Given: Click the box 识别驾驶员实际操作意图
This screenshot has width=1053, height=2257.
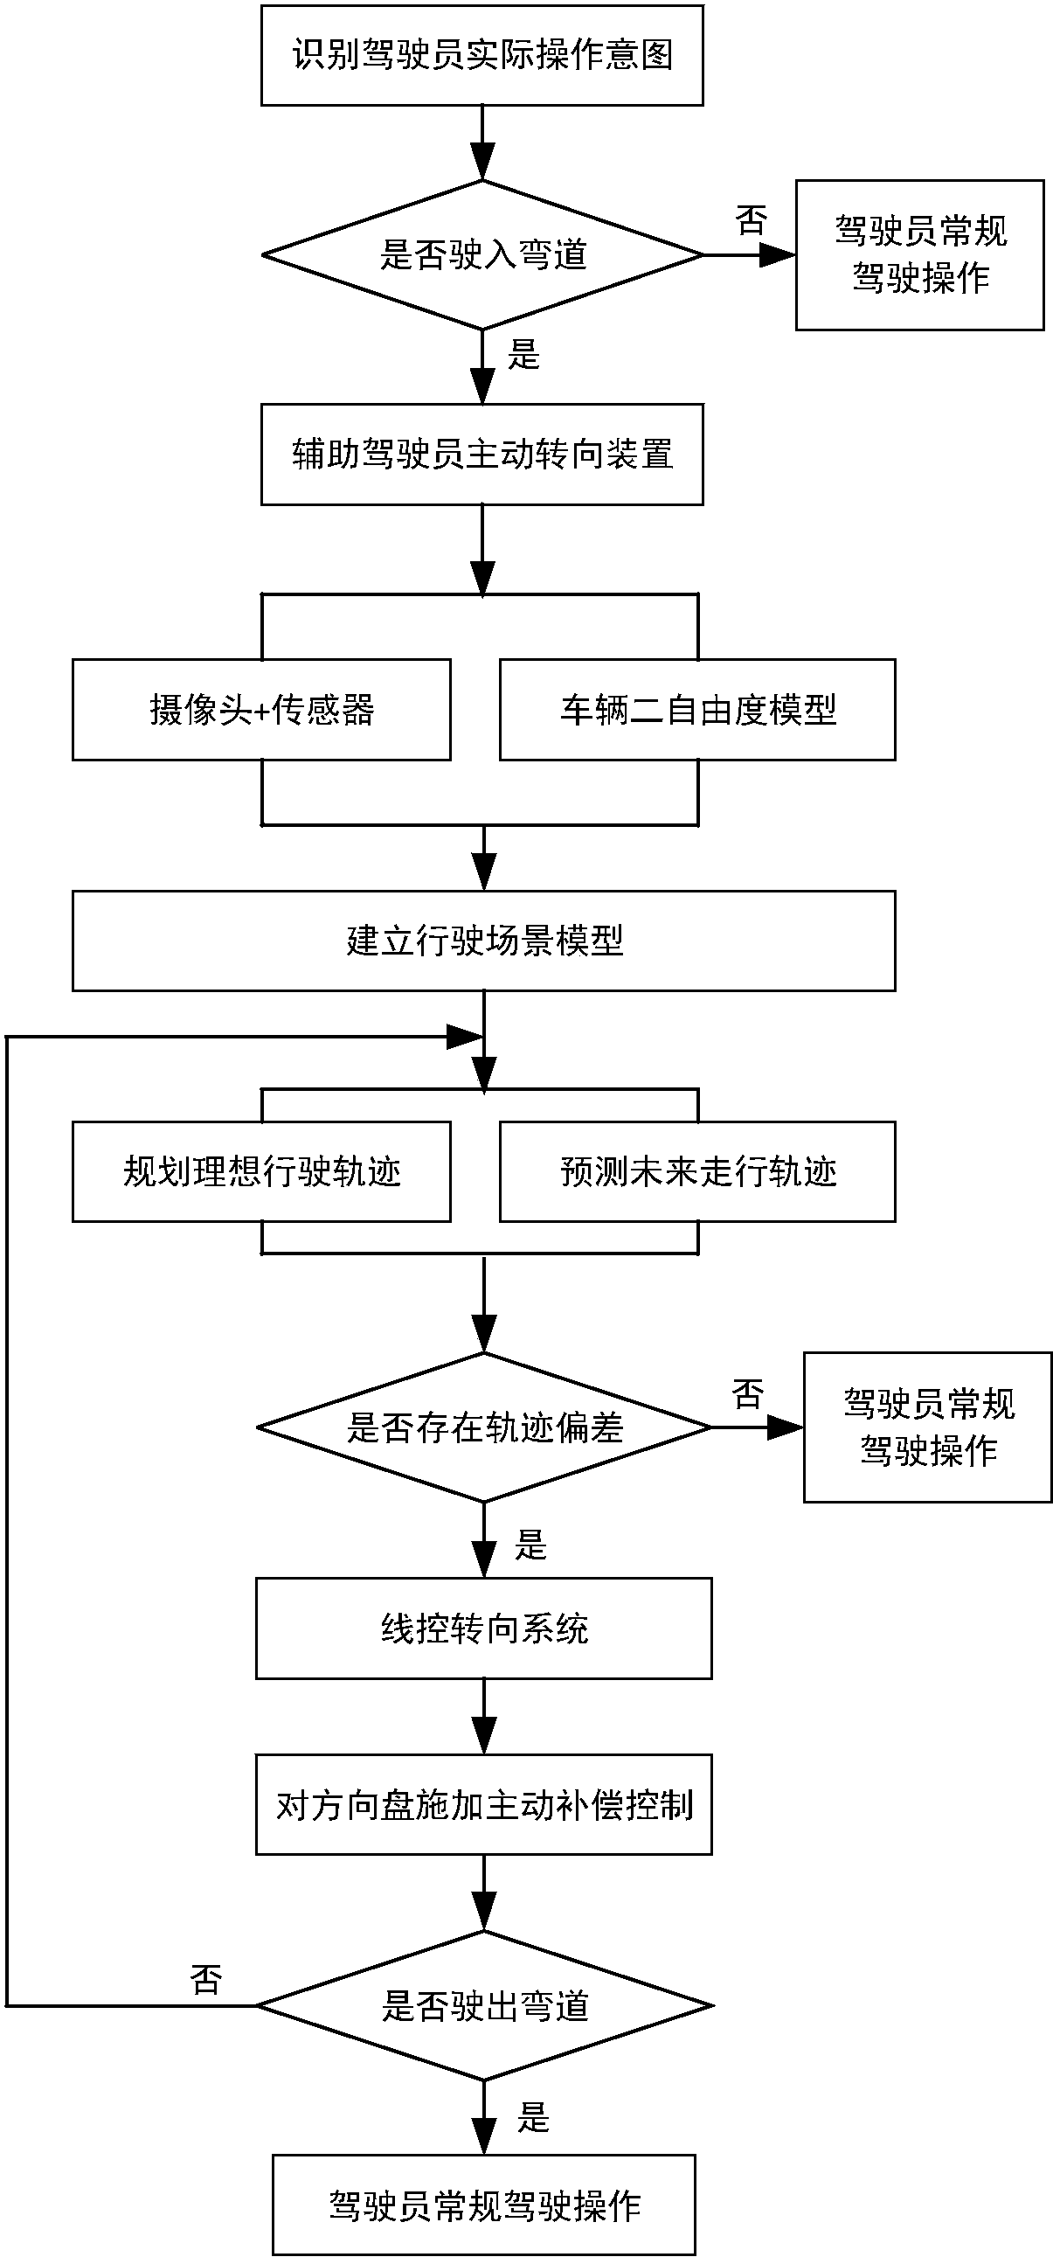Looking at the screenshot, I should pyautogui.click(x=481, y=55).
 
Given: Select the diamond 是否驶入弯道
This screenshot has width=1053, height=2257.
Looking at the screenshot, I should pyautogui.click(x=481, y=255).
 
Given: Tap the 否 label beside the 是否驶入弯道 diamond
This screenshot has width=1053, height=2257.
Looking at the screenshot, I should pyautogui.click(x=751, y=220).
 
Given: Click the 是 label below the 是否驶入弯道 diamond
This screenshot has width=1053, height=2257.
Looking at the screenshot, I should pyautogui.click(x=523, y=355).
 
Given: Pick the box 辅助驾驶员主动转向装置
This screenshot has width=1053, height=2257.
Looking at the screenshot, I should pyautogui.click(x=481, y=454).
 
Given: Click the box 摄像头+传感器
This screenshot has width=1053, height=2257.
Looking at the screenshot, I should pyautogui.click(x=261, y=710).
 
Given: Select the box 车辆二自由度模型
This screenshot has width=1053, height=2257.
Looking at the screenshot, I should pyautogui.click(x=697, y=710).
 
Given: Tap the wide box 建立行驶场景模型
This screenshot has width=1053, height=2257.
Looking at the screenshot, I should pyautogui.click(x=483, y=941).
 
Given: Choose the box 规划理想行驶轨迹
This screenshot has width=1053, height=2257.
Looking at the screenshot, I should pyautogui.click(x=261, y=1171).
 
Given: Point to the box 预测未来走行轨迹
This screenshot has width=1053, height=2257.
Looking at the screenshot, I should pyautogui.click(x=697, y=1171).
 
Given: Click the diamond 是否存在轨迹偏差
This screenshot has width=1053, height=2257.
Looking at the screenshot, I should pyautogui.click(x=483, y=1427).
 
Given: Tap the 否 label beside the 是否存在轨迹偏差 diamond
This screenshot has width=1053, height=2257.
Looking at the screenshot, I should pyautogui.click(x=748, y=1393).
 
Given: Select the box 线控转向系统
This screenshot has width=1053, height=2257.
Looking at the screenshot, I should pyautogui.click(x=483, y=1629).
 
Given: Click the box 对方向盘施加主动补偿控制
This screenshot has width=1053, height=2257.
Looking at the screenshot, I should pyautogui.click(x=483, y=1805).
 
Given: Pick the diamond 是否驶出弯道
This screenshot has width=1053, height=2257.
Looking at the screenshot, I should pyautogui.click(x=483, y=2005).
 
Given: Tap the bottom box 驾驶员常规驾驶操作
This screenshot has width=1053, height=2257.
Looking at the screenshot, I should pyautogui.click(x=483, y=2205).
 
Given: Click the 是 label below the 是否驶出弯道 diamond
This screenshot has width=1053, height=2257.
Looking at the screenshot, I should pyautogui.click(x=533, y=2119).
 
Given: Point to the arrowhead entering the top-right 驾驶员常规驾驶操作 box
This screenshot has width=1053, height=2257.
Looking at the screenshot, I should pyautogui.click(x=778, y=255).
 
